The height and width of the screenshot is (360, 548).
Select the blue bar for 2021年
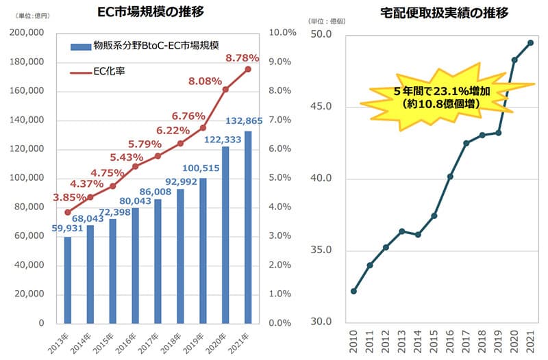click(x=247, y=227)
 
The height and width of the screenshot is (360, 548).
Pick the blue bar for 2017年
click(x=158, y=261)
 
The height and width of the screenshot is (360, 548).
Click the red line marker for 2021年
click(x=247, y=69)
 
